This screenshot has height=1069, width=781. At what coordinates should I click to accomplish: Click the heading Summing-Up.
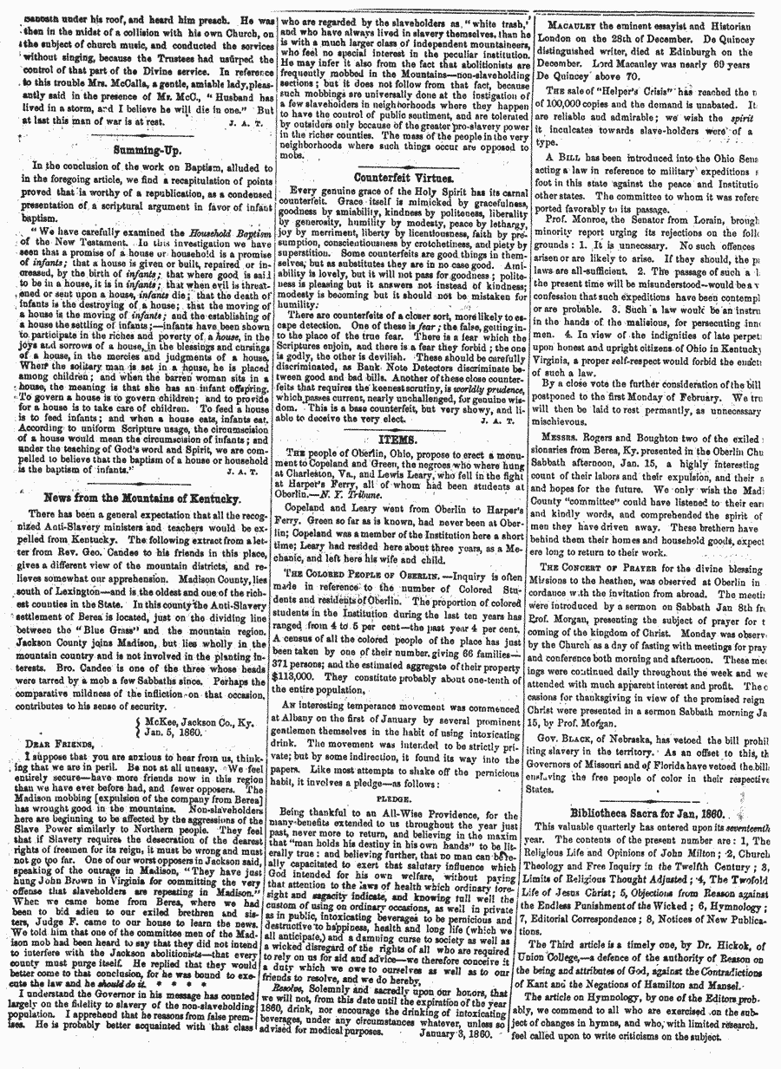(x=142, y=148)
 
